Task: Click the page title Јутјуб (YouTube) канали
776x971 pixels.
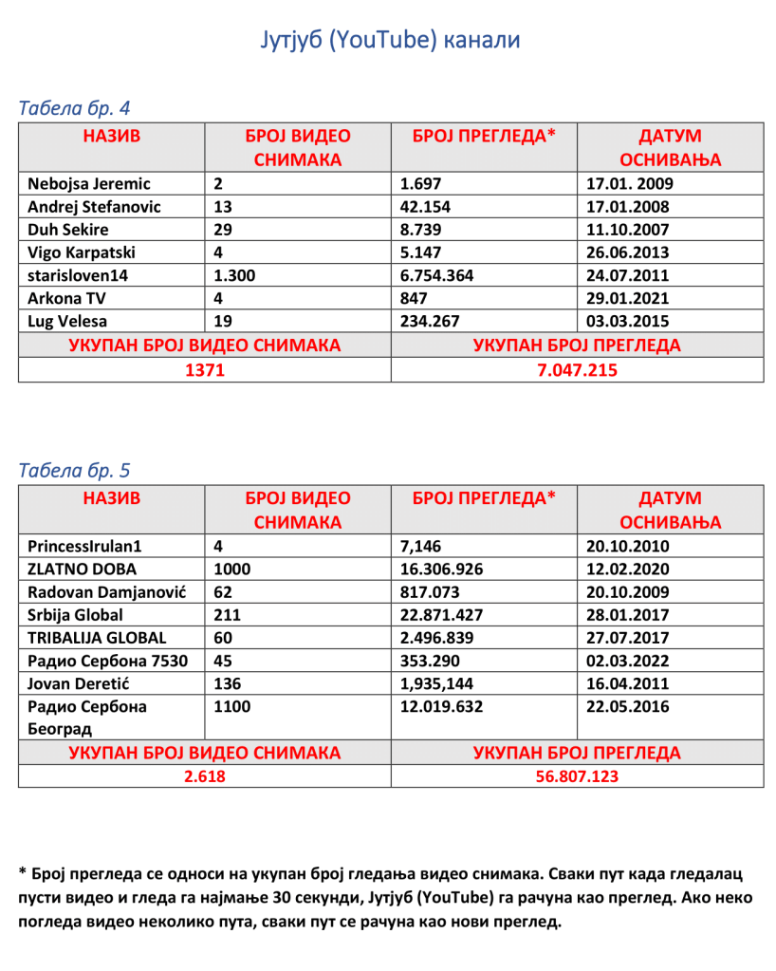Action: pyautogui.click(x=389, y=41)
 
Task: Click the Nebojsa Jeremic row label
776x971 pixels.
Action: pyautogui.click(x=89, y=184)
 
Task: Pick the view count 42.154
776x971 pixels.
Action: pyautogui.click(x=425, y=207)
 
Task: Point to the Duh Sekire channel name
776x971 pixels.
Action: pyautogui.click(x=68, y=230)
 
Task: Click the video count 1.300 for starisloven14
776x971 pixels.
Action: pyautogui.click(x=236, y=275)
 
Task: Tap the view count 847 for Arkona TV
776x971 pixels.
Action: pyautogui.click(x=414, y=298)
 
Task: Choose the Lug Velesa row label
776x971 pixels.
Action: pyautogui.click(x=67, y=321)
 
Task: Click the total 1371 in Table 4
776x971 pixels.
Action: pyautogui.click(x=204, y=369)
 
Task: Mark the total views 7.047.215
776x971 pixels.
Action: pyautogui.click(x=576, y=369)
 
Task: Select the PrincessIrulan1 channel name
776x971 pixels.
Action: pyautogui.click(x=90, y=547)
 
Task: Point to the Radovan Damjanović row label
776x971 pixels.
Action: pyautogui.click(x=106, y=592)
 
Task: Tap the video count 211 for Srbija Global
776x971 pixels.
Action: pyautogui.click(x=231, y=615)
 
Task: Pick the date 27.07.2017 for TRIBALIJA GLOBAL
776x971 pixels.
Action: pyautogui.click(x=628, y=638)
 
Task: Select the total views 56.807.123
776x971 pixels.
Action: pyautogui.click(x=576, y=775)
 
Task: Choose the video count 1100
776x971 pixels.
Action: pyautogui.click(x=234, y=706)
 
